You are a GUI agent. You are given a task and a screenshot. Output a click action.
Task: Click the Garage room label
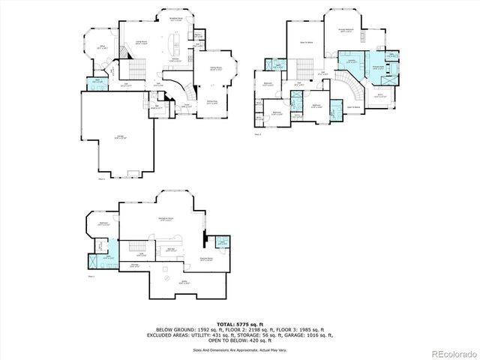121,136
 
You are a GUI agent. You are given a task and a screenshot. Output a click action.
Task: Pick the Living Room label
139,43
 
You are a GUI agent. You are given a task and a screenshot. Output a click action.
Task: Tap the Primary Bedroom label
346,31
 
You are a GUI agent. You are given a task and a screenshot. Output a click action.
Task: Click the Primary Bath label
370,67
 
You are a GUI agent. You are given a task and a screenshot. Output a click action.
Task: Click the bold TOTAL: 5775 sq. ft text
239,322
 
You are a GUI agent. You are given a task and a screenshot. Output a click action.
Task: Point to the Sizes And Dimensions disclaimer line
239,349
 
